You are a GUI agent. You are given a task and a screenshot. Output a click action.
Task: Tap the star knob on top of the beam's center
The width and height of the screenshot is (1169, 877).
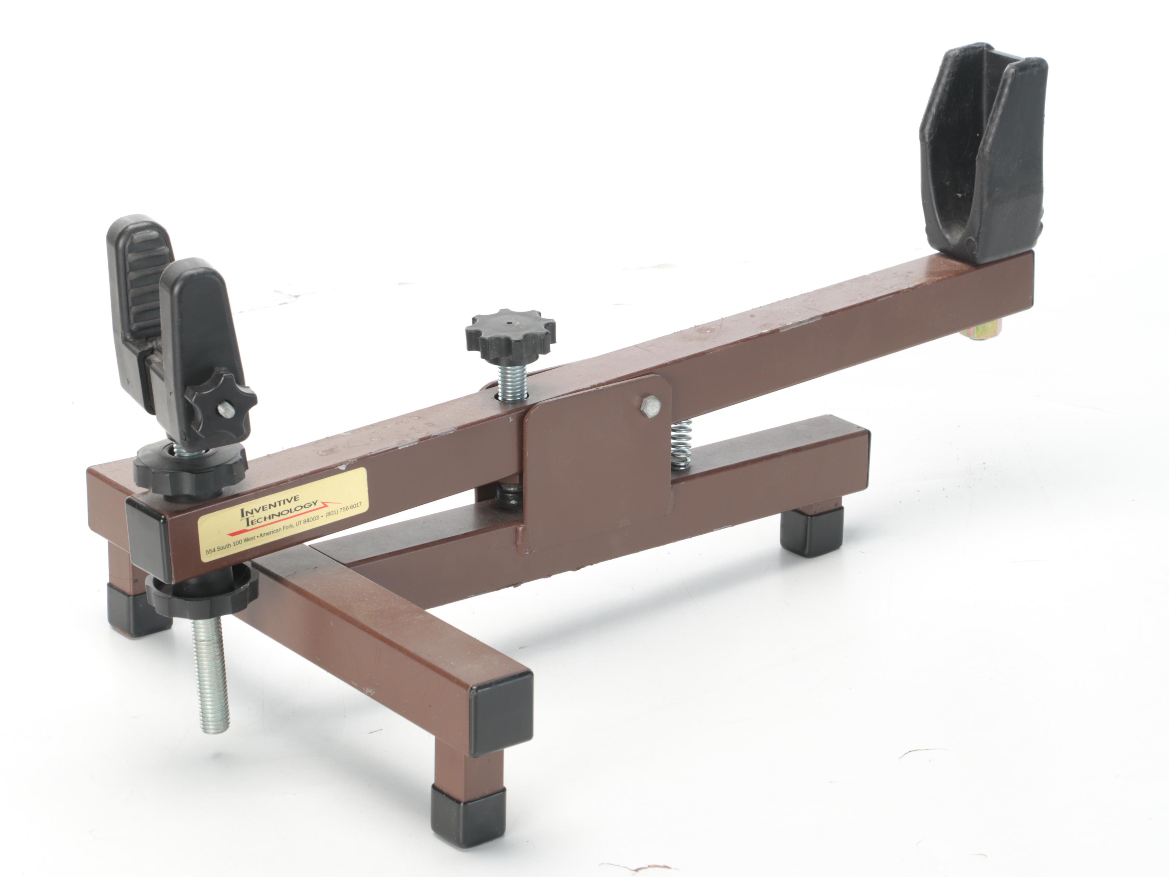[510, 333]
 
